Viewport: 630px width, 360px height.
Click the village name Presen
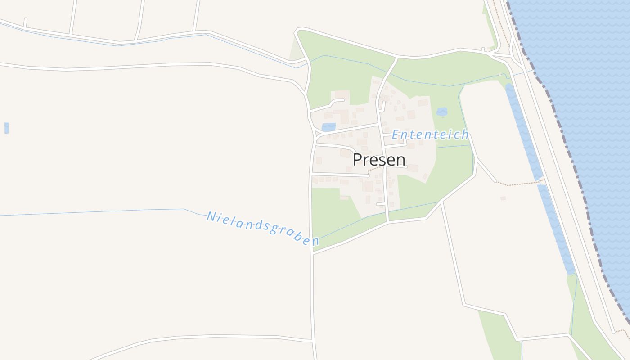point(379,160)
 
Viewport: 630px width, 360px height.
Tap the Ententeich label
point(430,135)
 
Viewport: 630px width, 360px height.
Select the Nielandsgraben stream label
point(263,229)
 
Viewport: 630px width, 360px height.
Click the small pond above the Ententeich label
point(442,112)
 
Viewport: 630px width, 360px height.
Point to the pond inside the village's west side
point(328,127)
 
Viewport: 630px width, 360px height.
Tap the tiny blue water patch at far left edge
point(6,128)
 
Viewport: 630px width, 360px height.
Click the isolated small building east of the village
point(503,198)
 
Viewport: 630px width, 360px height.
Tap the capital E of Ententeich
point(395,135)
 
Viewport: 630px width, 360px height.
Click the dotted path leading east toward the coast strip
point(517,184)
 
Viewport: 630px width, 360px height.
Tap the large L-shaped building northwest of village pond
point(342,115)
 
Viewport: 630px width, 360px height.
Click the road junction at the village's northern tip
point(396,57)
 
